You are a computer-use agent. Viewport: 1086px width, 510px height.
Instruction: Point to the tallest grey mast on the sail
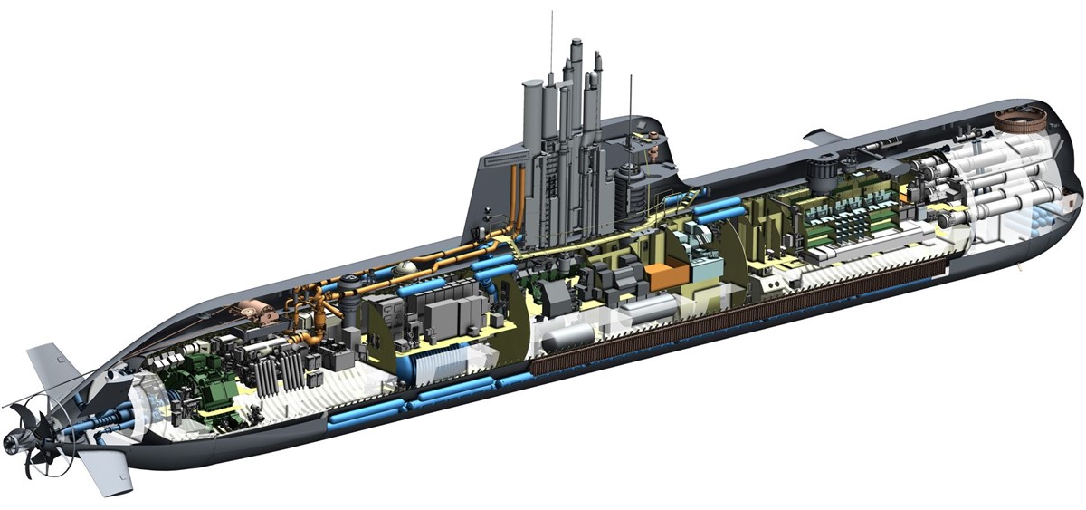tap(576, 91)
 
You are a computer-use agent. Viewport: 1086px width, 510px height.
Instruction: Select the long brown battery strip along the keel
tap(742, 317)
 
